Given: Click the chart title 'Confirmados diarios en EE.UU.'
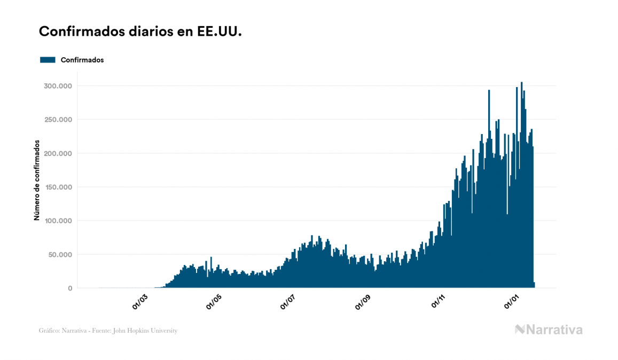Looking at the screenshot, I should coord(140,32).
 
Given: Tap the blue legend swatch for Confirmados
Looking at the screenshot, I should coord(48,60).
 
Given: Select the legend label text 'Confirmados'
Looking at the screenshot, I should coord(82,60).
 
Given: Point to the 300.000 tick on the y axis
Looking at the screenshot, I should coord(58,86).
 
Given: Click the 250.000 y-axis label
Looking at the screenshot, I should coord(58,120).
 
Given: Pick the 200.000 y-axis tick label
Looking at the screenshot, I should coord(58,153).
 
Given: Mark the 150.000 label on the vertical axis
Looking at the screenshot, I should coord(58,187).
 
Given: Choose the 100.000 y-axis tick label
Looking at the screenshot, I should coord(58,221).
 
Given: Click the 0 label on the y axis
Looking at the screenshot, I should coord(69,288).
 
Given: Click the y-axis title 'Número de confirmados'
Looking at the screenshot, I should coord(37,181).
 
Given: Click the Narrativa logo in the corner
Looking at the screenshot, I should coord(549,330).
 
